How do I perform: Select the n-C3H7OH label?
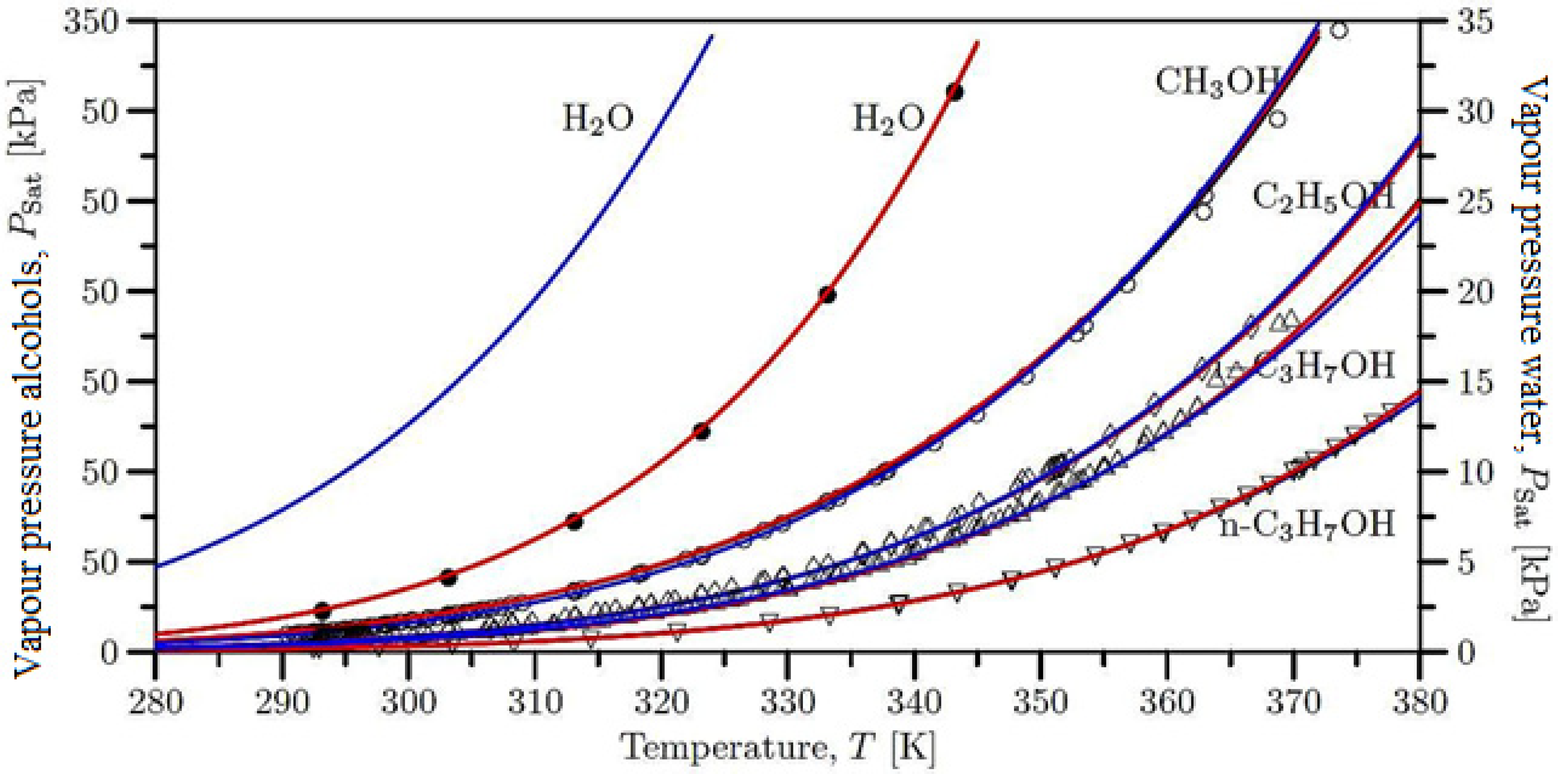point(1306,524)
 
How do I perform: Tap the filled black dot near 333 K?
point(827,296)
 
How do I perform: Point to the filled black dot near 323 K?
point(701,432)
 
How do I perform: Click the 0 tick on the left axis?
point(109,653)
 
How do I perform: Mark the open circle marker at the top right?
point(1339,30)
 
